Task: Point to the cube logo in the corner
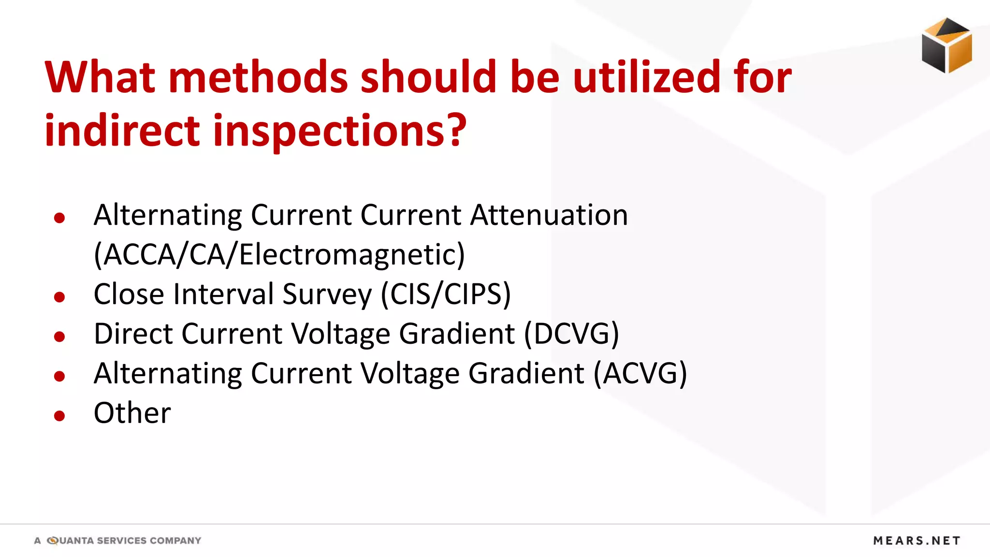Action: tap(946, 45)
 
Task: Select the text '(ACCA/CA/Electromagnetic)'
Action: tap(279, 254)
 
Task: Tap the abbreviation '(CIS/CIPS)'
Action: tap(446, 294)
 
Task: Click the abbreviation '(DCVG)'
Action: tap(571, 334)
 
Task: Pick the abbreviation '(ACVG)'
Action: tap(640, 373)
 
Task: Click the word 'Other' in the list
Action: tap(132, 413)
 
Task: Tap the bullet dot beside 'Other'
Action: tap(59, 416)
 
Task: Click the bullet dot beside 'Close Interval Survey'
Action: tap(59, 297)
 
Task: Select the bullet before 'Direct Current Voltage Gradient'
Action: tap(59, 337)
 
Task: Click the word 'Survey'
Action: tap(327, 294)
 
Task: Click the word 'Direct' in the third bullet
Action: tap(133, 334)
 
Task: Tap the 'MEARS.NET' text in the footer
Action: tap(917, 541)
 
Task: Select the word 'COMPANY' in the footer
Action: tap(175, 541)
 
